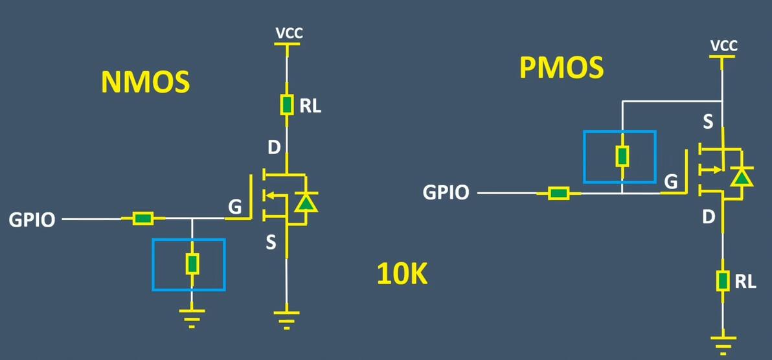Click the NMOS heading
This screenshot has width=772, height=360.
[145, 82]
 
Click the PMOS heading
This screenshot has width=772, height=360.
[562, 68]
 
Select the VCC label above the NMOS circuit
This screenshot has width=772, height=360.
[289, 34]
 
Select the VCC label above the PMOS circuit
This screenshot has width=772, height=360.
[723, 46]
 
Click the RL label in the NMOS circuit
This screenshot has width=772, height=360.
[310, 106]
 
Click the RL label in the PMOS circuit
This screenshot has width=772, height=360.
[745, 282]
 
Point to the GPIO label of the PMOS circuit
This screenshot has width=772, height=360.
[446, 192]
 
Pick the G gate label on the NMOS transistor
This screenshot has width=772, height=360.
[236, 207]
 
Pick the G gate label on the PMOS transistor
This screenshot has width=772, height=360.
[672, 182]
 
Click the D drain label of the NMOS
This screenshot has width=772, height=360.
[275, 148]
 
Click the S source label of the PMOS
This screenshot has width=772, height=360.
[709, 121]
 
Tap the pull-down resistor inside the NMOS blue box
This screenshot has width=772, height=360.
[192, 264]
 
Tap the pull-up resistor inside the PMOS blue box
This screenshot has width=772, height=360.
[622, 156]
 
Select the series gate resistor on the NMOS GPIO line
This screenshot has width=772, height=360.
[143, 219]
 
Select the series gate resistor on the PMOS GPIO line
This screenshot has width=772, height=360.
[558, 193]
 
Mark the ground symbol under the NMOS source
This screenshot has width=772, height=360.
[286, 319]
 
